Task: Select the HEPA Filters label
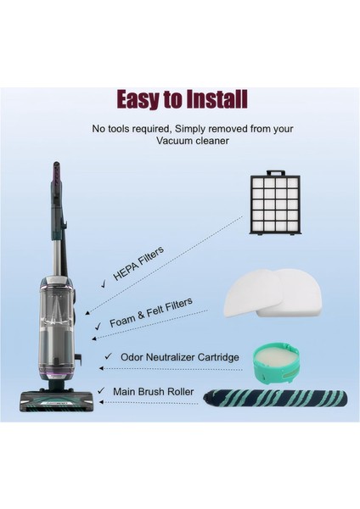click(138, 265)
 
